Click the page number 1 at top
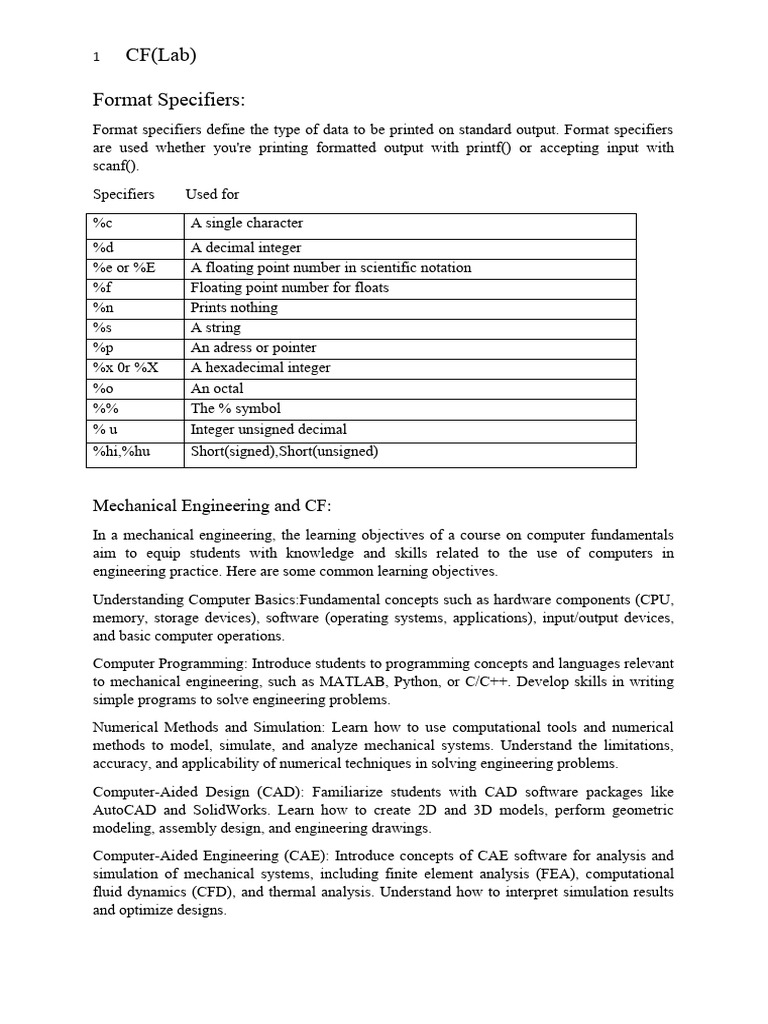point(96,58)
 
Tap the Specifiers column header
point(124,194)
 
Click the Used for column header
point(212,194)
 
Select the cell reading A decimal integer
point(246,248)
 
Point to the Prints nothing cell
point(234,308)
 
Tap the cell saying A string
point(216,328)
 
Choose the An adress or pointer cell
point(253,348)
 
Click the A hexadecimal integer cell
point(260,368)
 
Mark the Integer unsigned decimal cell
point(269,429)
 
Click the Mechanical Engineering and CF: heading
point(218,505)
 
